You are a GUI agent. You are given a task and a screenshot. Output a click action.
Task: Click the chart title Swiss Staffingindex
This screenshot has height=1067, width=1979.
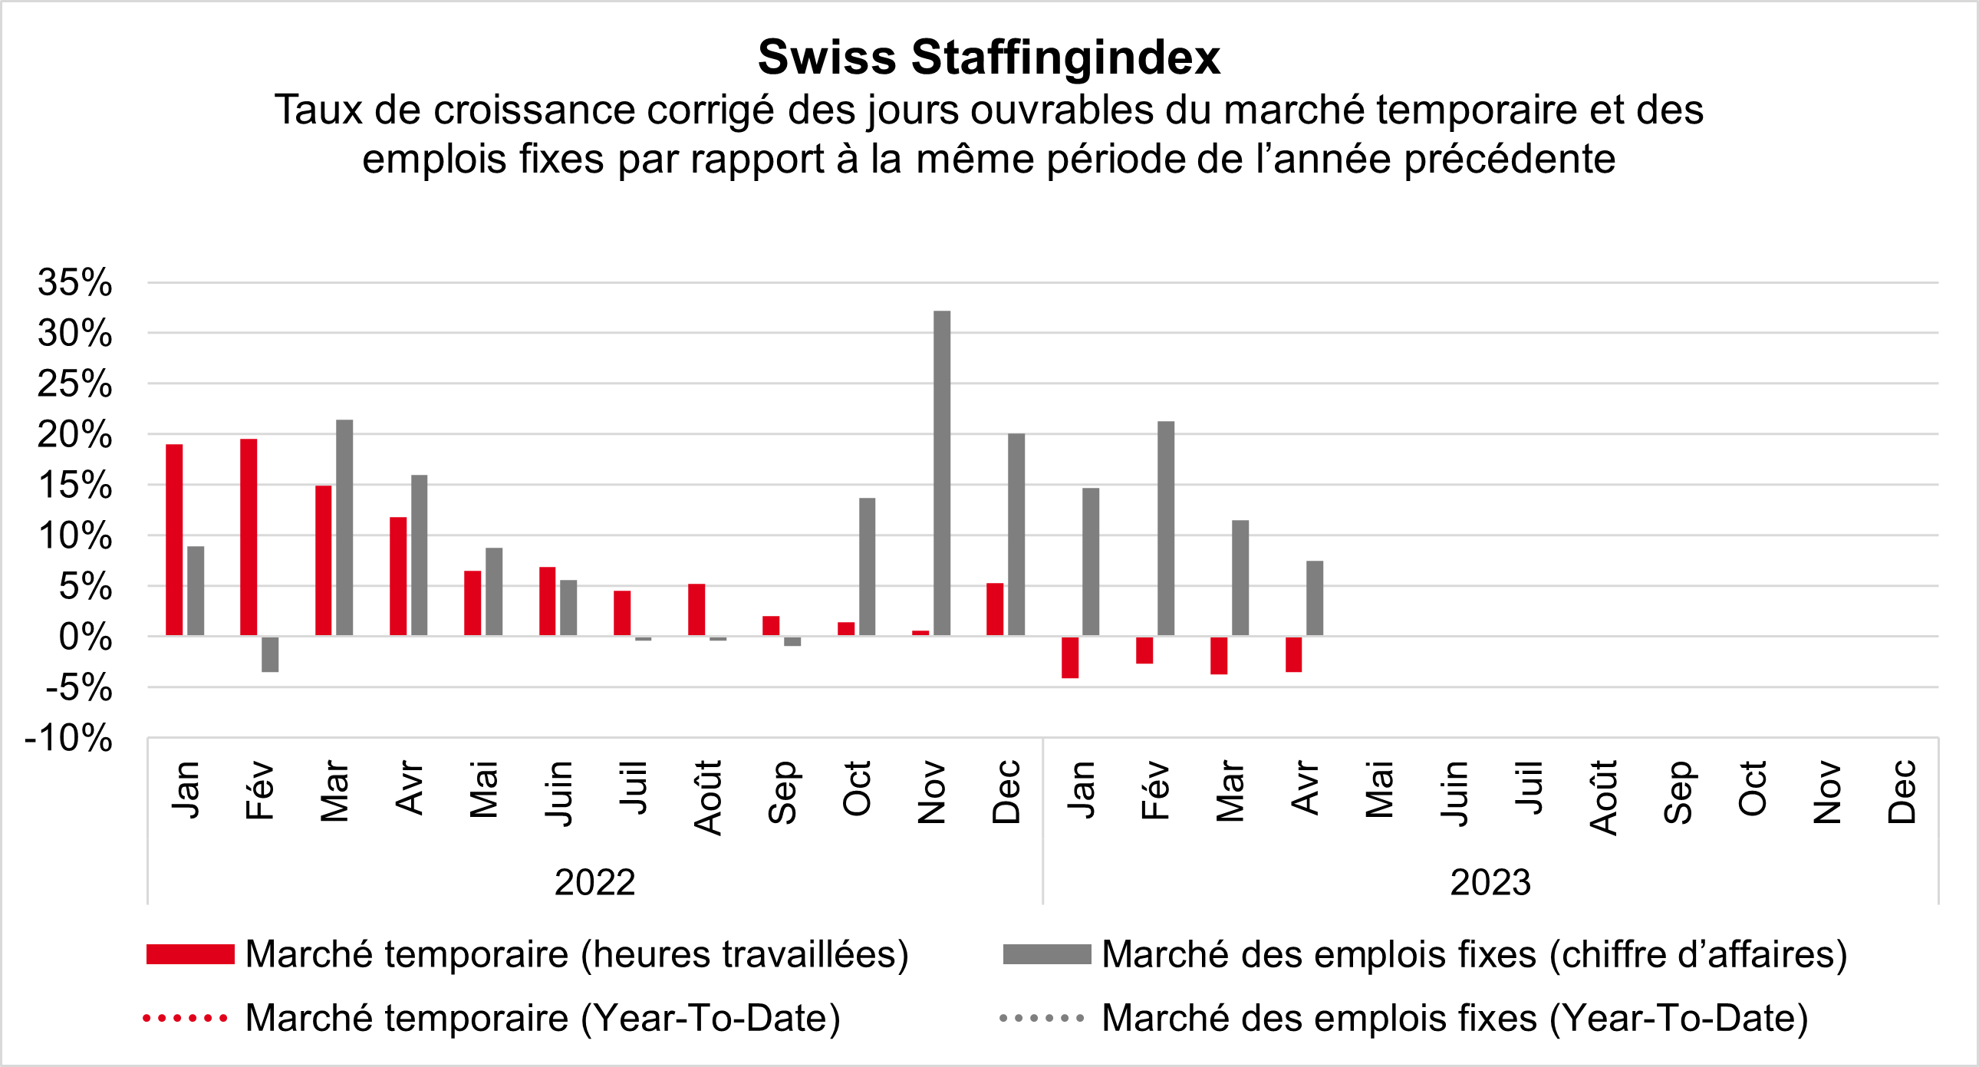pyautogui.click(x=989, y=57)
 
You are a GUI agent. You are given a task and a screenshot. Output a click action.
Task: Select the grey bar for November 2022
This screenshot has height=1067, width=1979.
pyautogui.click(x=942, y=473)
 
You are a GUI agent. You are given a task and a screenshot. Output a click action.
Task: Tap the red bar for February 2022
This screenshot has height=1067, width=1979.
pyautogui.click(x=249, y=537)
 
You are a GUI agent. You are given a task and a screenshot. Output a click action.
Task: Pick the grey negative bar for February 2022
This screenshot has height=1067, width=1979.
pyautogui.click(x=270, y=654)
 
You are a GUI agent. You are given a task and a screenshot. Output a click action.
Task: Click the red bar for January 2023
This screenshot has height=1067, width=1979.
pyautogui.click(x=1070, y=657)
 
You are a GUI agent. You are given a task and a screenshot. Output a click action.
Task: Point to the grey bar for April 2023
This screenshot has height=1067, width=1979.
pyautogui.click(x=1315, y=598)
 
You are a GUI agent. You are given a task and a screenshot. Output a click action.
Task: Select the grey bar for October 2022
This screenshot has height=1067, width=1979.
pyautogui.click(x=868, y=566)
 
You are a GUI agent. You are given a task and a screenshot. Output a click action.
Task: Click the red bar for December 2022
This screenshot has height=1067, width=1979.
pyautogui.click(x=995, y=609)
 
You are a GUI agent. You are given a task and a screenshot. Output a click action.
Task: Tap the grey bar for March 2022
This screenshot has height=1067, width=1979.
pyautogui.click(x=344, y=528)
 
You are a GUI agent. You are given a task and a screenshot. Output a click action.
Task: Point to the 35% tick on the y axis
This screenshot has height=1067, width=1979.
pyautogui.click(x=75, y=283)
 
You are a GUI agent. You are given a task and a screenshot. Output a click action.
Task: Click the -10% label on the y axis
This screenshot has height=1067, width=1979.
pyautogui.click(x=69, y=738)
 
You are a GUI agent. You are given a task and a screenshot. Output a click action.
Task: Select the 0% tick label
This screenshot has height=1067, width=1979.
pyautogui.click(x=85, y=637)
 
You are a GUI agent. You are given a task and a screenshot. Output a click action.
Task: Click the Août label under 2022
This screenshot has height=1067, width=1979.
pyautogui.click(x=707, y=796)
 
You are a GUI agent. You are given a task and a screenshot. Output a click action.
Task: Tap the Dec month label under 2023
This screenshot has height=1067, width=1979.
pyautogui.click(x=1902, y=792)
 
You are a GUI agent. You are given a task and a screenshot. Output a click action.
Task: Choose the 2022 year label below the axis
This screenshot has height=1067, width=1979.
pyautogui.click(x=594, y=882)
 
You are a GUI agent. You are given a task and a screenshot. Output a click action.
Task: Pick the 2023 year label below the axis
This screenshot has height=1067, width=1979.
pyautogui.click(x=1490, y=882)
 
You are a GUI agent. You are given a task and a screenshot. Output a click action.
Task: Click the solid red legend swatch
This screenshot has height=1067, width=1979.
pyautogui.click(x=189, y=954)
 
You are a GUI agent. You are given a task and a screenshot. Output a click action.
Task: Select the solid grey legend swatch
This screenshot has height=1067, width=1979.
pyautogui.click(x=1046, y=954)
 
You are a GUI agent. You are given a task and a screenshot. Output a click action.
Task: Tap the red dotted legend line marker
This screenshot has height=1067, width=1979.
pyautogui.click(x=186, y=1019)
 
